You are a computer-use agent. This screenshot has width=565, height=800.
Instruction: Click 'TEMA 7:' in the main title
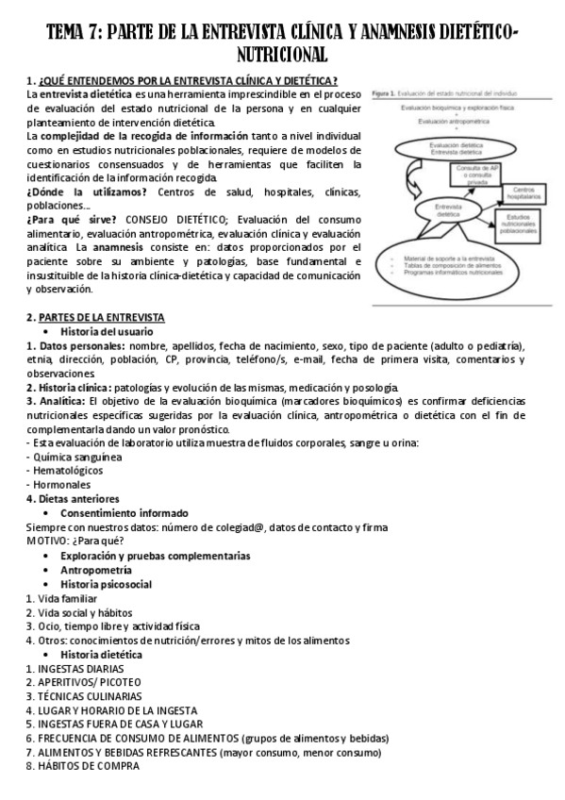click(75, 36)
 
